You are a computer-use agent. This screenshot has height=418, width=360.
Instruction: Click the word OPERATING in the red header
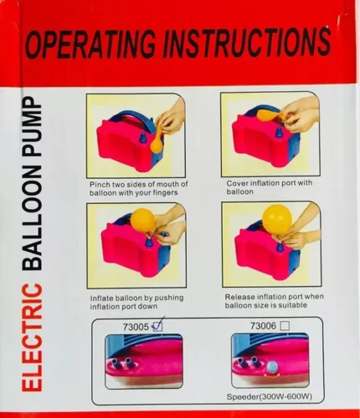tap(92, 44)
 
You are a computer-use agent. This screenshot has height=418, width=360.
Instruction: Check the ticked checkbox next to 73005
tap(157, 327)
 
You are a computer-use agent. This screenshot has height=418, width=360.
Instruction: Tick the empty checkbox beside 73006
tap(284, 327)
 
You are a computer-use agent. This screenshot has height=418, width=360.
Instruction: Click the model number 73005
tap(135, 327)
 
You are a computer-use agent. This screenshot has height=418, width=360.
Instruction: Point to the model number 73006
tap(263, 326)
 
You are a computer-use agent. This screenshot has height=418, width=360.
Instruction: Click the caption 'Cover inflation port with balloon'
tap(269, 187)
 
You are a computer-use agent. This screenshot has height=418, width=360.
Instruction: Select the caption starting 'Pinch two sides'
tap(138, 188)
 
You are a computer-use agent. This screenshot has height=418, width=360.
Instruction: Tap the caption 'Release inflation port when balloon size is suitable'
tap(274, 301)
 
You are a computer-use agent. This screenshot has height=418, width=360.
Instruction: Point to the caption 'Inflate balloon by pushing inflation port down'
tap(137, 302)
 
